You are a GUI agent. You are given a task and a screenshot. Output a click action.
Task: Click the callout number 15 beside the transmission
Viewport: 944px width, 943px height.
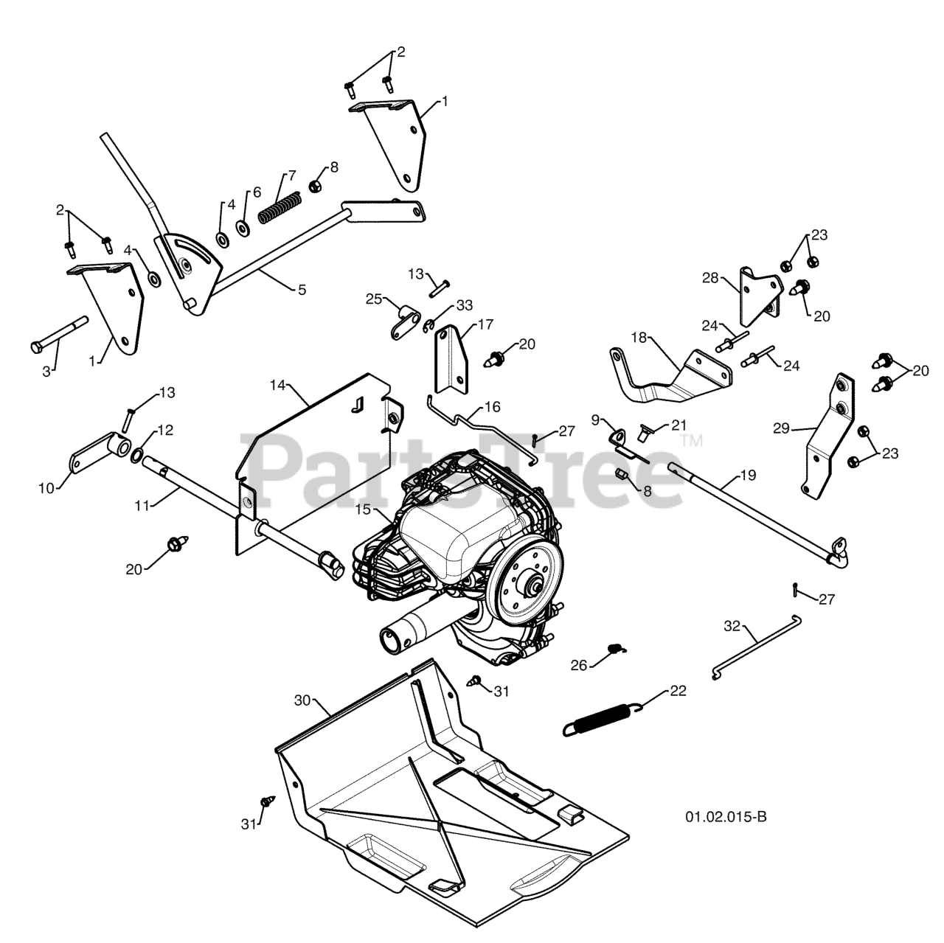pyautogui.click(x=363, y=509)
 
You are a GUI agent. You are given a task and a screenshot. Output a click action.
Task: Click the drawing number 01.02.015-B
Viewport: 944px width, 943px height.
pyautogui.click(x=726, y=817)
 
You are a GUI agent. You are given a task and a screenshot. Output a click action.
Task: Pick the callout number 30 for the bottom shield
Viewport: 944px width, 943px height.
pyautogui.click(x=302, y=700)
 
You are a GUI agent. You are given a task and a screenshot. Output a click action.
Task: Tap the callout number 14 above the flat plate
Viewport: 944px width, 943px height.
pyautogui.click(x=277, y=385)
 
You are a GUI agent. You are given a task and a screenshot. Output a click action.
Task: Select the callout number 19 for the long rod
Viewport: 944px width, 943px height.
pyautogui.click(x=749, y=475)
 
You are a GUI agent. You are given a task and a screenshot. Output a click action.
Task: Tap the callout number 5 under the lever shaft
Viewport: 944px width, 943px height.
pyautogui.click(x=302, y=290)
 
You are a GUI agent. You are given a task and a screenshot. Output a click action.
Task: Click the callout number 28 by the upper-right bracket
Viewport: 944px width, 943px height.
pyautogui.click(x=710, y=278)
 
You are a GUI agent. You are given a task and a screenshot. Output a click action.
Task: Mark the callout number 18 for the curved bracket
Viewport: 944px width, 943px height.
pyautogui.click(x=639, y=338)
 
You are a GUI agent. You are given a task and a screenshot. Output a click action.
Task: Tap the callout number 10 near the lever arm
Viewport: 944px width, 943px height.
pyautogui.click(x=46, y=488)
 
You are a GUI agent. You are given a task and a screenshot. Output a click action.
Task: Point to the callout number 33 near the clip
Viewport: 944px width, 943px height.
pyautogui.click(x=465, y=305)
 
